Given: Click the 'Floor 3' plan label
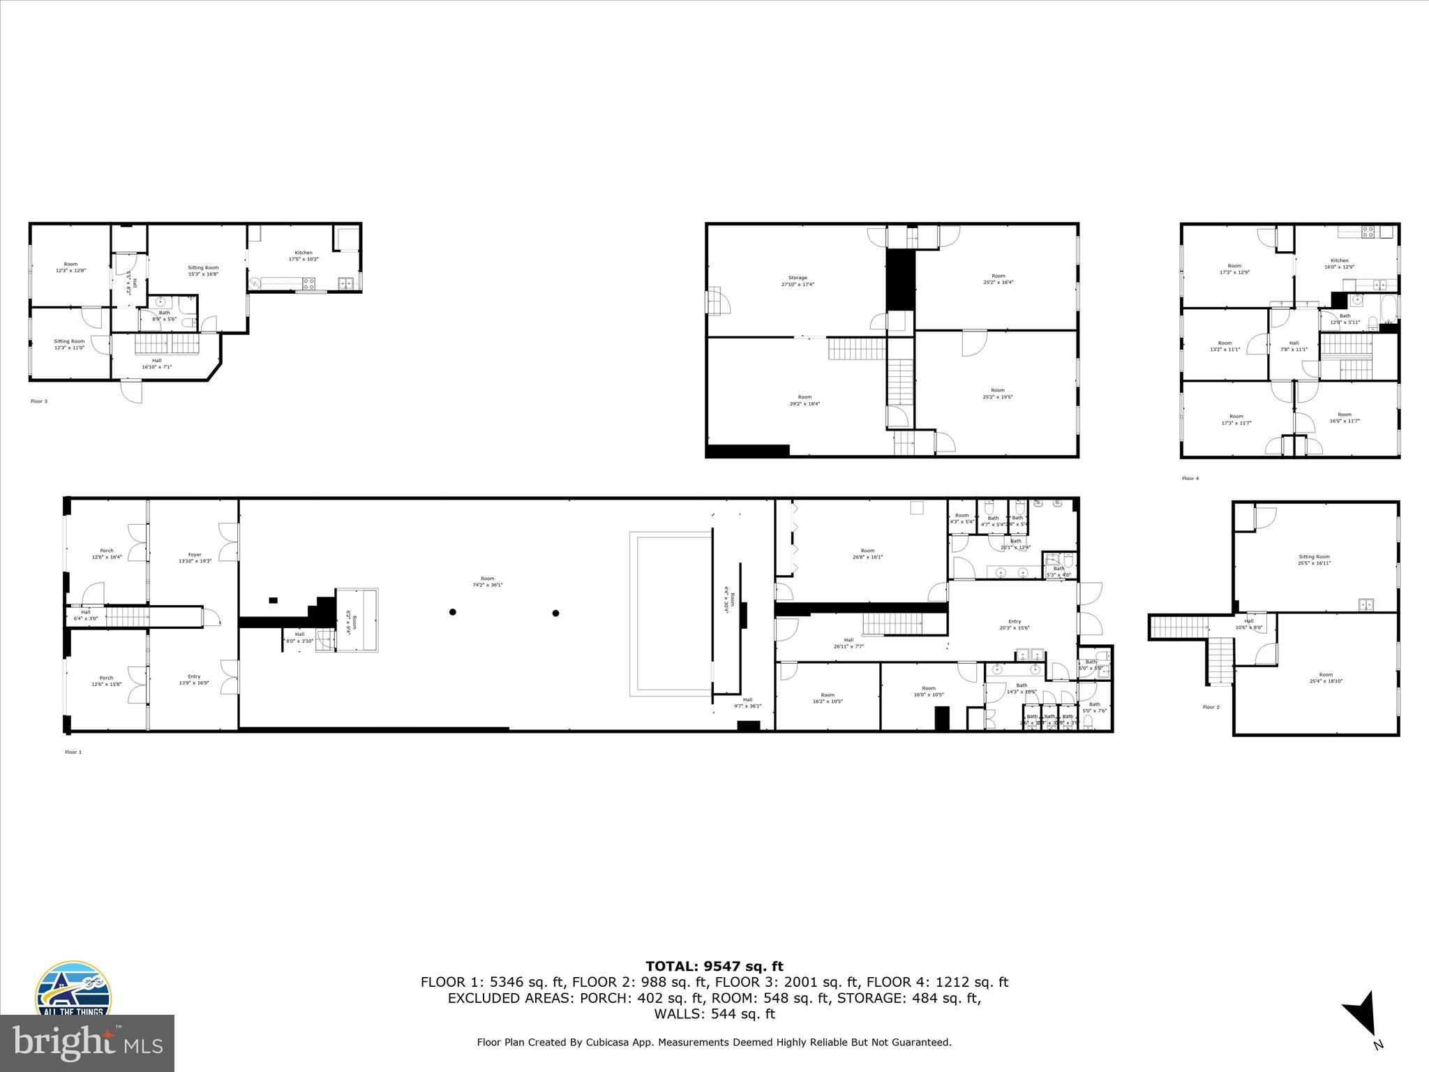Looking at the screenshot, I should [x=39, y=401].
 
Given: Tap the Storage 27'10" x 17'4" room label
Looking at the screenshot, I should [x=797, y=281].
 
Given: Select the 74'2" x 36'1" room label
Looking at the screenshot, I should [x=487, y=581].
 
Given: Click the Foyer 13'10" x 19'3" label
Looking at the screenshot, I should [x=194, y=558].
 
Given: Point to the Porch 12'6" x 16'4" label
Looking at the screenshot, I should [x=106, y=553].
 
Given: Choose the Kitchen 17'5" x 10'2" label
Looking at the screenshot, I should [x=304, y=255].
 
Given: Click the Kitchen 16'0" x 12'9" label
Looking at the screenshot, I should [x=1339, y=263].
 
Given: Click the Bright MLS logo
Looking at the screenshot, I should [x=87, y=1043].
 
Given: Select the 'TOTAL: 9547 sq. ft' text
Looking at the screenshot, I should [x=714, y=966].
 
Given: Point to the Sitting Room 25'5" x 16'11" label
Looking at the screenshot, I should [x=1314, y=560].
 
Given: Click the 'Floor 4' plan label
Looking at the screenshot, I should [x=1190, y=478].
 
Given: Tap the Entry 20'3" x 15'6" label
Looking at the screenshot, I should [x=1014, y=624].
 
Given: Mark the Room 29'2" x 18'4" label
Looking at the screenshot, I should [x=805, y=400].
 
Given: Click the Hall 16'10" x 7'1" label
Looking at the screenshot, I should [x=156, y=363].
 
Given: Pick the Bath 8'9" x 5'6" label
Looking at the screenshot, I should [x=164, y=315].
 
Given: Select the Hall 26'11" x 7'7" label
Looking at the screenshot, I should [x=848, y=643].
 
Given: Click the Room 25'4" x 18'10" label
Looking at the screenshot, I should [x=1326, y=677].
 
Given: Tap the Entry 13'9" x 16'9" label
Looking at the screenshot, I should [x=194, y=679].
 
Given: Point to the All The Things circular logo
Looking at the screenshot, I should [x=73, y=991].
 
